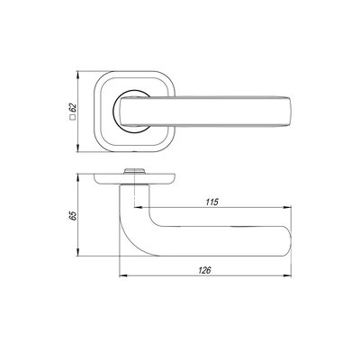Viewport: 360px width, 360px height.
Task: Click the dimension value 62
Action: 73,108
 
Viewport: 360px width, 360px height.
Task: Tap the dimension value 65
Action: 73,216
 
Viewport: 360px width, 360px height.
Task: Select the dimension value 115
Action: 211,202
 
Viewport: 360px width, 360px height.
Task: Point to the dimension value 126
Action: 204,270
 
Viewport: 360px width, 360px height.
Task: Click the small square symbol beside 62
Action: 72,118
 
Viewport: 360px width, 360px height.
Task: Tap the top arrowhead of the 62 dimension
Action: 77,75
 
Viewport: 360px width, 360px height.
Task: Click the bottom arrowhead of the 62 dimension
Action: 77,148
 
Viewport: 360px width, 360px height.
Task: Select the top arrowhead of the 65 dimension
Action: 77,177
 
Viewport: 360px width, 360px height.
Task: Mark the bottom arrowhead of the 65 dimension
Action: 77,252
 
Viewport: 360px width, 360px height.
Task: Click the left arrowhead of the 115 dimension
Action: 138,207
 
